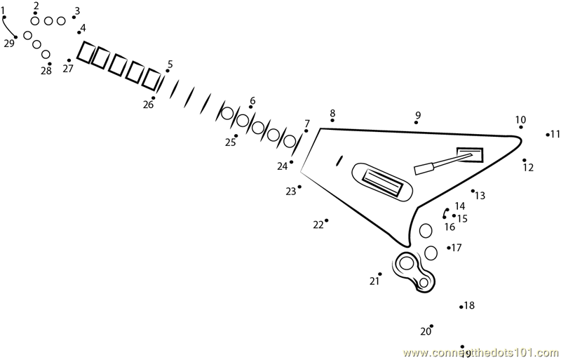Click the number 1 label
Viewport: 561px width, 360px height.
3,10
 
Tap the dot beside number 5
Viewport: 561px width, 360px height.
167,71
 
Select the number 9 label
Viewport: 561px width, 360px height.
418,115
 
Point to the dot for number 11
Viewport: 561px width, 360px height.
548,134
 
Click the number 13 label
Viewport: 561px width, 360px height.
480,196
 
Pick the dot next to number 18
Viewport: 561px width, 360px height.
461,307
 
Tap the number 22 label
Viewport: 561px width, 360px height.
318,225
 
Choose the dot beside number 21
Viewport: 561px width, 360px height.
379,274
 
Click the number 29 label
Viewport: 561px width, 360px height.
9,44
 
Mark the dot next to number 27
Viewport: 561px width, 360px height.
69,60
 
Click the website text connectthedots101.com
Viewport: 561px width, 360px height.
481,353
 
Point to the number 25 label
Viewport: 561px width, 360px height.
230,142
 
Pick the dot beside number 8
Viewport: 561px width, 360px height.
332,121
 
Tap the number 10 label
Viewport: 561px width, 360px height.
520,119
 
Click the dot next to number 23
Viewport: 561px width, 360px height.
299,187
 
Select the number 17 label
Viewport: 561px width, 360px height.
457,248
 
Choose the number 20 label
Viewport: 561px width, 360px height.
425,332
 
